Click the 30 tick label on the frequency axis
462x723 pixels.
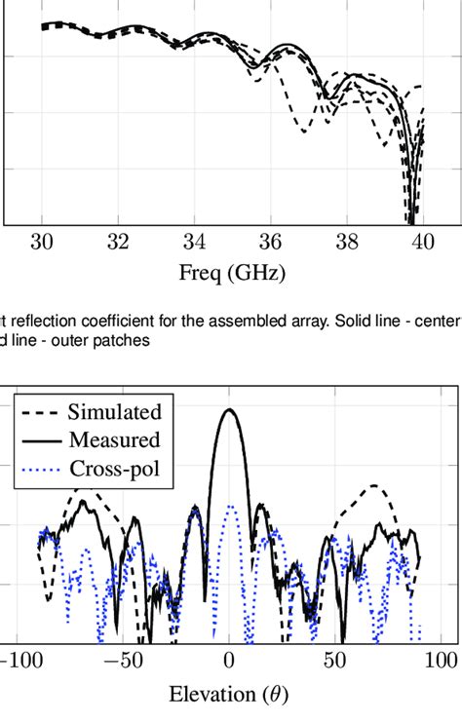click(x=42, y=243)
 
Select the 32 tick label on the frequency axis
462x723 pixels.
click(x=118, y=243)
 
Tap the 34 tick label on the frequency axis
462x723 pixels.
click(x=194, y=243)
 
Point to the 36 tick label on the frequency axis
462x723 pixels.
click(x=270, y=243)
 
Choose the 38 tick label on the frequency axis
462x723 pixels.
click(x=346, y=243)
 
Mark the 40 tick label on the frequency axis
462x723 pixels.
click(x=421, y=243)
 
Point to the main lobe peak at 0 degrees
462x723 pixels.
click(x=229, y=410)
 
